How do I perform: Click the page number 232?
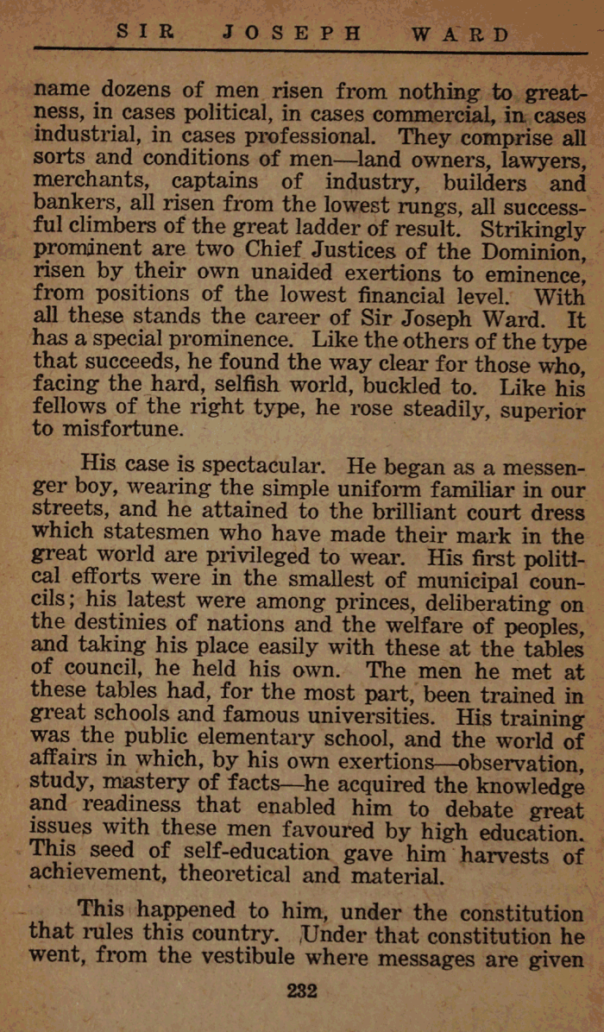(302, 991)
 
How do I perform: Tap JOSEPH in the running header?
(292, 34)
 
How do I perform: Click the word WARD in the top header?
(460, 35)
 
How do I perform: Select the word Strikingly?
(532, 231)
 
